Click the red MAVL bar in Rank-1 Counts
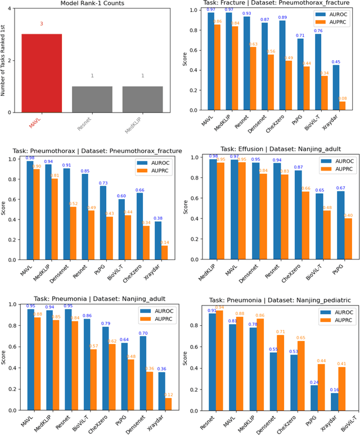point(42,73)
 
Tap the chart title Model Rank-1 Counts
point(92,4)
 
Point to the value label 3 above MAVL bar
point(42,24)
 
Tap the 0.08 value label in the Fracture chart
point(343,98)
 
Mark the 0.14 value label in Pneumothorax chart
point(165,241)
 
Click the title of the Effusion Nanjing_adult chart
point(272,149)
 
